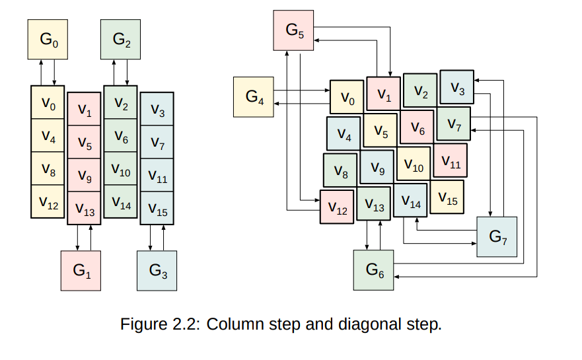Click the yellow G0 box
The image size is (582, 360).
[x=48, y=39]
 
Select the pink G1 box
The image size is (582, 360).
[x=81, y=270]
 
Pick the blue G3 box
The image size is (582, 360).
[x=157, y=270]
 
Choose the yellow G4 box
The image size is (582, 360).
[x=254, y=97]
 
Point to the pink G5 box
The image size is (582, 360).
[x=294, y=30]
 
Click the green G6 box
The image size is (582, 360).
[x=374, y=270]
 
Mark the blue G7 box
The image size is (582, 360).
[x=496, y=236]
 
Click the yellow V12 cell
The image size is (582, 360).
[x=48, y=201]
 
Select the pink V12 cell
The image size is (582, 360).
[x=337, y=207]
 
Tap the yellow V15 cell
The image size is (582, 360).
[x=447, y=198]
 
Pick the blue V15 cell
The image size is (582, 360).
[x=157, y=208]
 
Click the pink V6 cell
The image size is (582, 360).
[x=417, y=127]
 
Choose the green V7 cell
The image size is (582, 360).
[x=454, y=123]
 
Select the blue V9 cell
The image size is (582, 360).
[x=377, y=167]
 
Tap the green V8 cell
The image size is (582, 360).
[x=340, y=170]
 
